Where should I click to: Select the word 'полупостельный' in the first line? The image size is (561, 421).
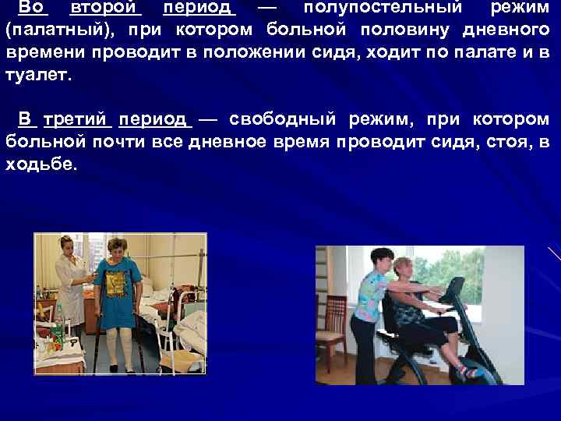click(373, 9)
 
